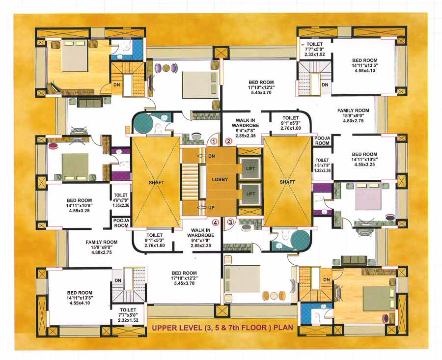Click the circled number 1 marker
pos(214,141)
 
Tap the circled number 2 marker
pos(228,141)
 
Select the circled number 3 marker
pos(229,222)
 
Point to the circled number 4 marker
pos(214,222)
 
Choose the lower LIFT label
pos(250,194)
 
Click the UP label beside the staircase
pos(212,208)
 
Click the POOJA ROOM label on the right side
pos(322,141)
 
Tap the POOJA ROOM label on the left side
pos(120,223)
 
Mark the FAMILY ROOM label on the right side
pos(353,111)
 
